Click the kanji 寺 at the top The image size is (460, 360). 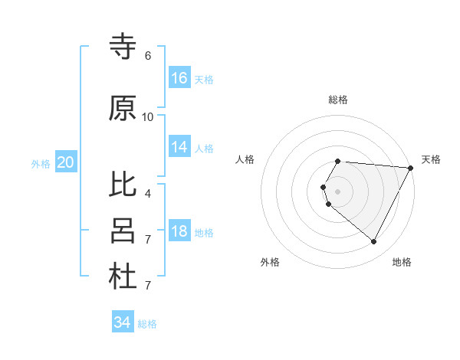pyautogui.click(x=123, y=47)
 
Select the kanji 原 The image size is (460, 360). pyautogui.click(x=123, y=109)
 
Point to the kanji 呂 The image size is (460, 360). pyautogui.click(x=123, y=231)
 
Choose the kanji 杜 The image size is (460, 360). pyautogui.click(x=123, y=277)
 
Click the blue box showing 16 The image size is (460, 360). pyautogui.click(x=179, y=78)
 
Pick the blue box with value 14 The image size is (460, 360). pyautogui.click(x=179, y=148)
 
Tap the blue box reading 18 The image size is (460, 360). pyautogui.click(x=179, y=232)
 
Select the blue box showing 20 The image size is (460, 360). pyautogui.click(x=65, y=162)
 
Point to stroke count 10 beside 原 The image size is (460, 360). pyautogui.click(x=148, y=116)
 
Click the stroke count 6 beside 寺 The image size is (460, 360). pyautogui.click(x=148, y=55)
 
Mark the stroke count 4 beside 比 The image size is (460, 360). pyautogui.click(x=148, y=193)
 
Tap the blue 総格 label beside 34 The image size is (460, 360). pyautogui.click(x=148, y=324)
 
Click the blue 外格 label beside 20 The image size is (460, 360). pyautogui.click(x=41, y=163)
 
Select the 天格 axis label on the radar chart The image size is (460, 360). pyautogui.click(x=432, y=159)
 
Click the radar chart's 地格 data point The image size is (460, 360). pyautogui.click(x=374, y=242)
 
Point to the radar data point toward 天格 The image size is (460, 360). pyautogui.click(x=411, y=168)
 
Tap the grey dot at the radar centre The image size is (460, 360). pyautogui.click(x=338, y=191)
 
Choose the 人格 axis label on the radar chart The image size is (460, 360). pyautogui.click(x=245, y=159)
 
